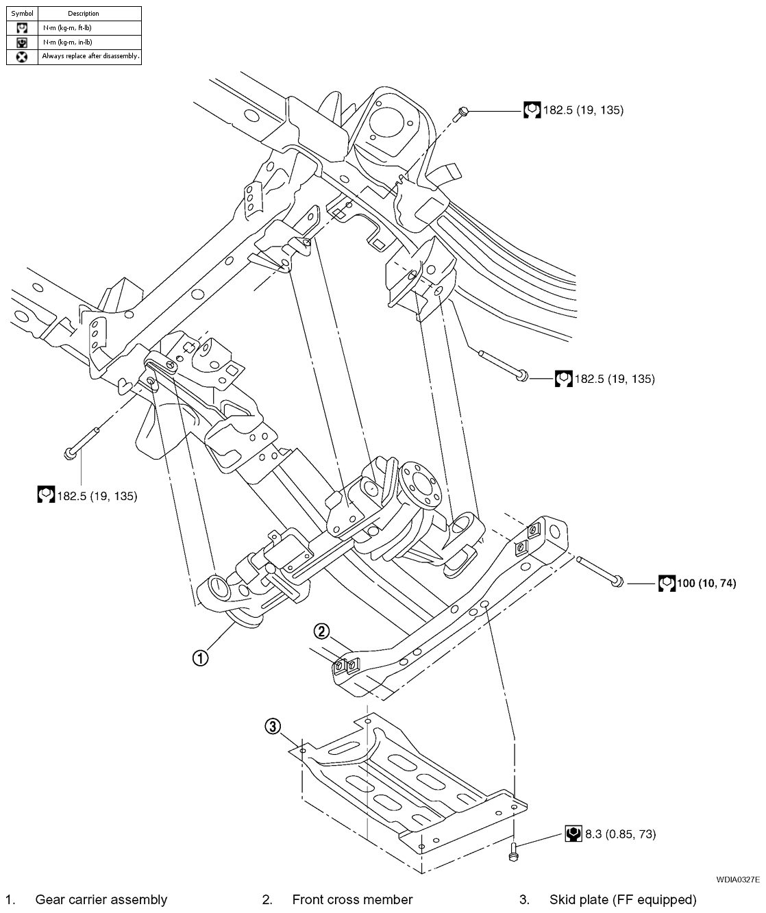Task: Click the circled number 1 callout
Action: point(199,658)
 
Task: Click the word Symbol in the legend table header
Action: point(22,13)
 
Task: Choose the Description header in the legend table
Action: point(84,13)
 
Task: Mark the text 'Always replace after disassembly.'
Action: point(90,56)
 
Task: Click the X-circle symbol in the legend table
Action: point(22,57)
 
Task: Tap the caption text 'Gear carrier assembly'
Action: point(101,899)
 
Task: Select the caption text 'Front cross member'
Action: point(352,899)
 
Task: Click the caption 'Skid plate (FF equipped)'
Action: point(622,899)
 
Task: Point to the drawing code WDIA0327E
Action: point(737,879)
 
